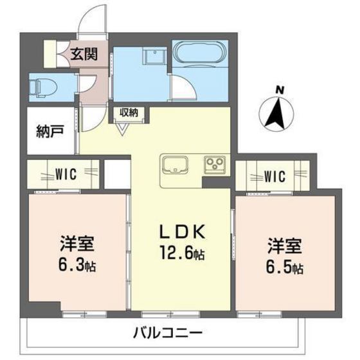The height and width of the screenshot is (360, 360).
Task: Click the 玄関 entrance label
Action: coord(84,55)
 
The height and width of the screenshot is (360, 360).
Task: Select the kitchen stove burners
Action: coord(215,165)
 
